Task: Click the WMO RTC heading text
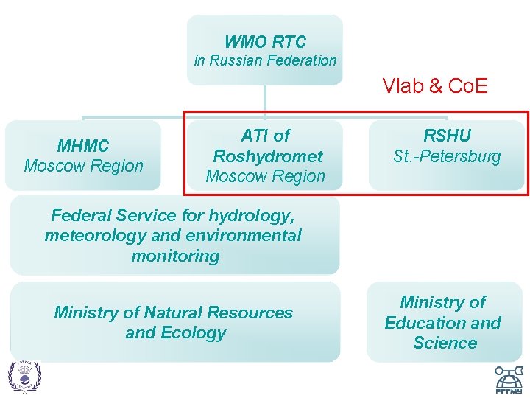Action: point(265,42)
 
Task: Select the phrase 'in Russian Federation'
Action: point(265,61)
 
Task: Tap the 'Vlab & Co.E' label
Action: point(435,87)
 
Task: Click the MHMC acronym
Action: point(83,146)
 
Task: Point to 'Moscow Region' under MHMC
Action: point(83,166)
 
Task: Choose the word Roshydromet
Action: point(267,156)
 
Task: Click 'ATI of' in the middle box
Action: point(266,136)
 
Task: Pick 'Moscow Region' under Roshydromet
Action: point(265,176)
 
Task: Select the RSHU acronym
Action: point(447,136)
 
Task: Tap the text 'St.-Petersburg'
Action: point(447,156)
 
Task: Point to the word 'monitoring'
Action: point(175,256)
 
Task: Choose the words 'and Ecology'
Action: point(175,333)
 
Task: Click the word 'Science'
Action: point(445,343)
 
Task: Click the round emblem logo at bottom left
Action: point(25,376)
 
